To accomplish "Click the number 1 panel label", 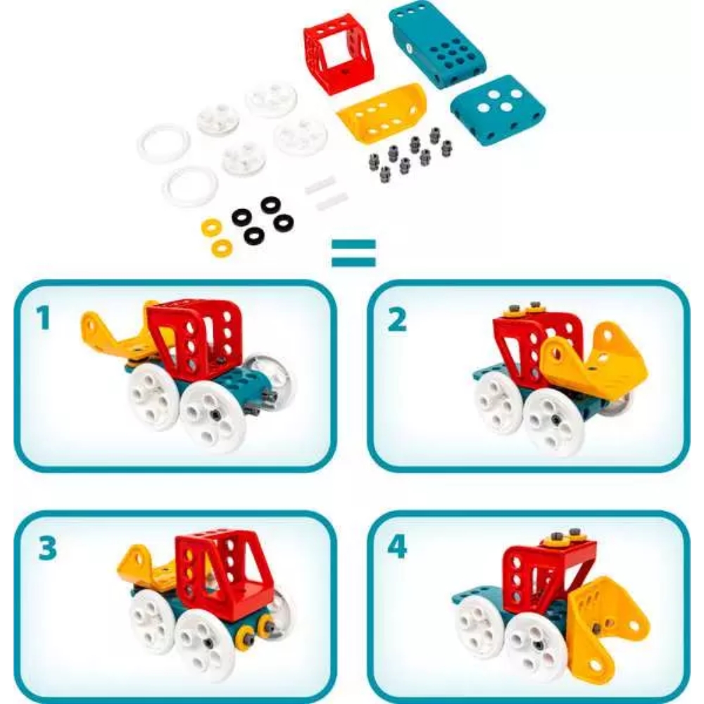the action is point(43,318).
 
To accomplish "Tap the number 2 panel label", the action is point(396,320).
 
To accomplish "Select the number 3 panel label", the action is point(48,548).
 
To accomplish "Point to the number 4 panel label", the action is point(397,546).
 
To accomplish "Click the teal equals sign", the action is point(353,252).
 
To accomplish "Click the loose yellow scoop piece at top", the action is point(381,111).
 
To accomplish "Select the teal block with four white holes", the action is point(498,110).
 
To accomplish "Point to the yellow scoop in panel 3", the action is point(146,563).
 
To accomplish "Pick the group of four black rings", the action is point(262,220).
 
